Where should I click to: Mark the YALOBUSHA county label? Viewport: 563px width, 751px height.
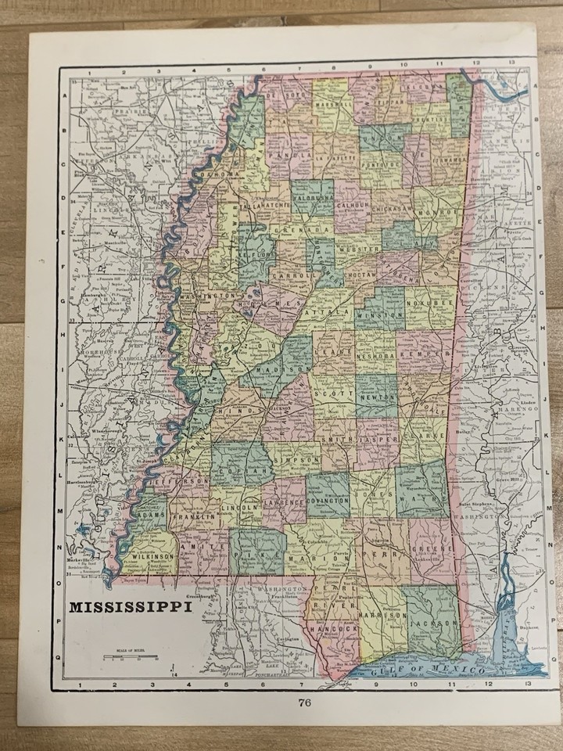click(x=312, y=199)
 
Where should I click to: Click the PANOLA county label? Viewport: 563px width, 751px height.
click(x=288, y=156)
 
